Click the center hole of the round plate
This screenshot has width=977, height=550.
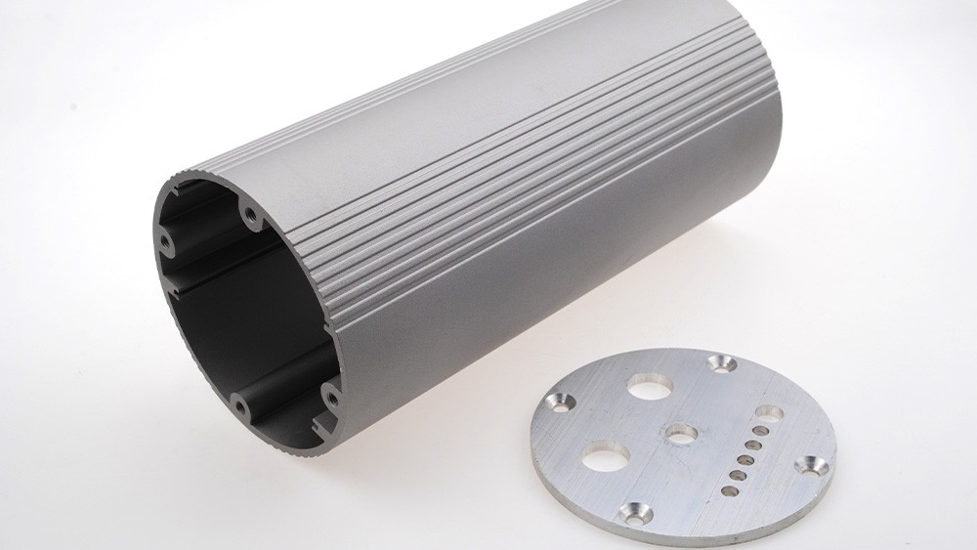coord(677,432)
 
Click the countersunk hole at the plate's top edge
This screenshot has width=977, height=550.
coord(724,364)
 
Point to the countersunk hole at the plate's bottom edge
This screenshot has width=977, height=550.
coord(639,509)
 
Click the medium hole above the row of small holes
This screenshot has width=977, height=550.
coord(768,413)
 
